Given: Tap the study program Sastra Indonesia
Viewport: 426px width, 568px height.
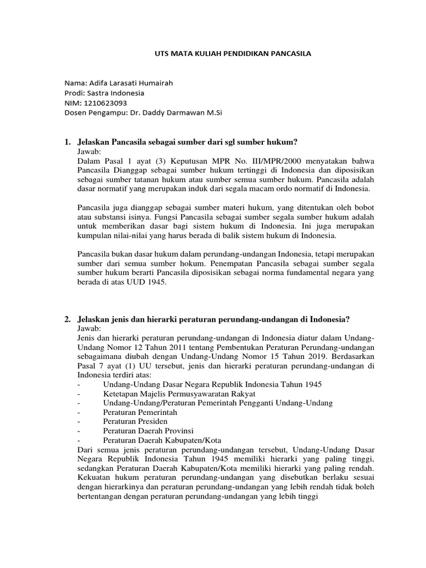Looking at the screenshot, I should point(116,93).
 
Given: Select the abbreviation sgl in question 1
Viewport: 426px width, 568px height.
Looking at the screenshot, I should point(243,142).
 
